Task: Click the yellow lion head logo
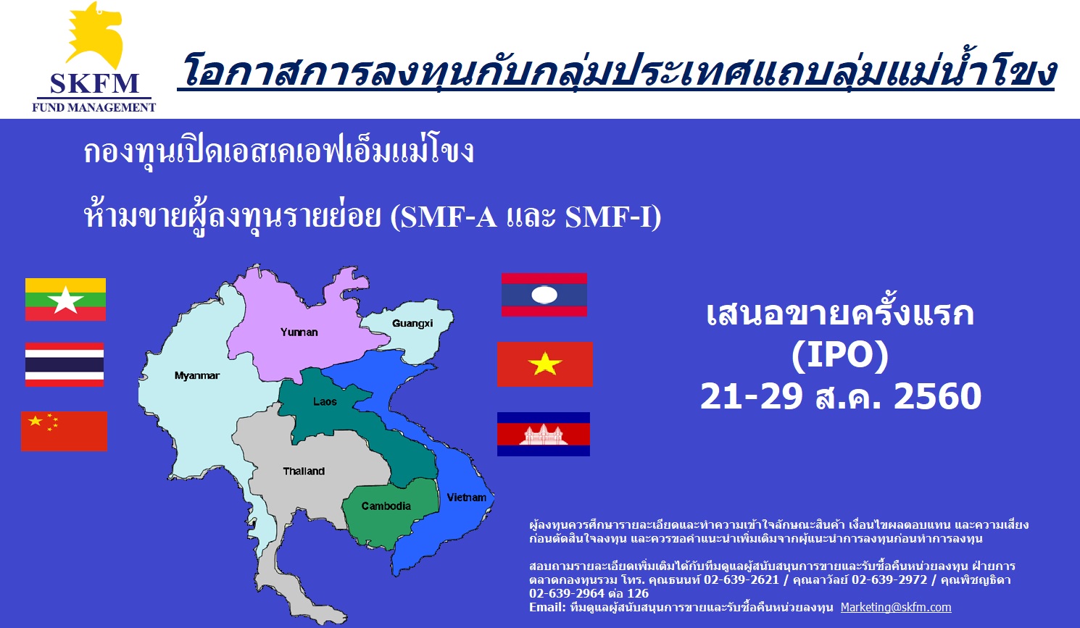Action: point(95,35)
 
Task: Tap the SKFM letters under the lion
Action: point(94,83)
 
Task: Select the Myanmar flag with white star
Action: point(65,299)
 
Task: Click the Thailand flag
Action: point(65,364)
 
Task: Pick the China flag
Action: point(64,431)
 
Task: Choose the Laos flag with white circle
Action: point(544,295)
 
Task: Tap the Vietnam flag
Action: point(545,364)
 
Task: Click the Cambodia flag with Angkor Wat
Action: point(544,434)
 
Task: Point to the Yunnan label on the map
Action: point(299,332)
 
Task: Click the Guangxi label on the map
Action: point(412,323)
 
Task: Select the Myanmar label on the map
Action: point(196,375)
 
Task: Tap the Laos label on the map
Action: point(325,401)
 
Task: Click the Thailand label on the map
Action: point(304,471)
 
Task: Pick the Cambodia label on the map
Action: point(386,506)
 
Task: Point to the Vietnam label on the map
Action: point(466,498)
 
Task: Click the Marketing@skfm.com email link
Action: point(896,607)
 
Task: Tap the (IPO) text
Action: point(840,356)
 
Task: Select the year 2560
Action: point(938,396)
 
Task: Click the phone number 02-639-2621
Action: point(741,579)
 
